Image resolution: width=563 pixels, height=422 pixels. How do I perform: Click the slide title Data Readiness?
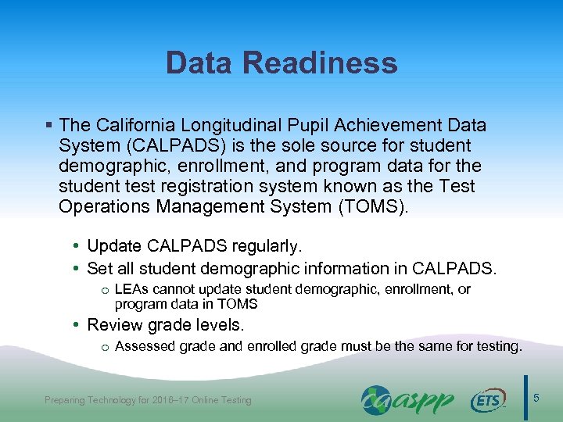(x=281, y=63)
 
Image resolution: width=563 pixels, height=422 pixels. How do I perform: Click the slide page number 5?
(x=536, y=399)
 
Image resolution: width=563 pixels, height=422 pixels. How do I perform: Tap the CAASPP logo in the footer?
(x=407, y=400)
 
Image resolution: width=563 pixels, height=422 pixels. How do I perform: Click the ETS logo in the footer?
(x=487, y=401)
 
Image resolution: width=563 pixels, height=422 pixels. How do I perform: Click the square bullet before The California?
(x=49, y=125)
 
